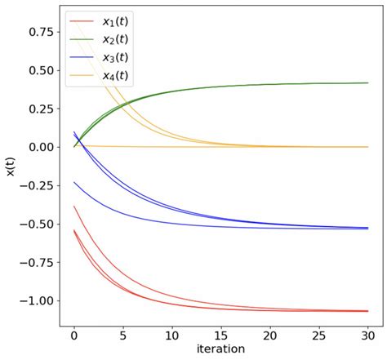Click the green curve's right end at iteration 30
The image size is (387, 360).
click(x=368, y=82)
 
